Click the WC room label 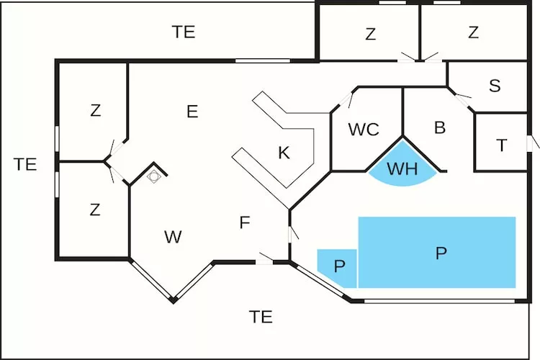[364, 130]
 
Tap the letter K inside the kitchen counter [284, 153]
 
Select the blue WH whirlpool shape [402, 170]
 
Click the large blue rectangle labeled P [441, 253]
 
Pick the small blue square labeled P [340, 265]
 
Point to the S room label [495, 86]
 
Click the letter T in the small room [502, 145]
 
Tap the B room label [440, 128]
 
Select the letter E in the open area [192, 112]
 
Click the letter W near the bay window [173, 237]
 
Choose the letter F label [245, 223]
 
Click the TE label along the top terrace [184, 32]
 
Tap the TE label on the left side [25, 164]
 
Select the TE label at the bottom [261, 316]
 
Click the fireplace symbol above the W [154, 175]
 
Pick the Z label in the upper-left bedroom [95, 111]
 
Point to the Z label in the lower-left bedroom [95, 210]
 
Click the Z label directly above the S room [473, 33]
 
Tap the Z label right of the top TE [370, 34]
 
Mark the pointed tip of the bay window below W [173, 300]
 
